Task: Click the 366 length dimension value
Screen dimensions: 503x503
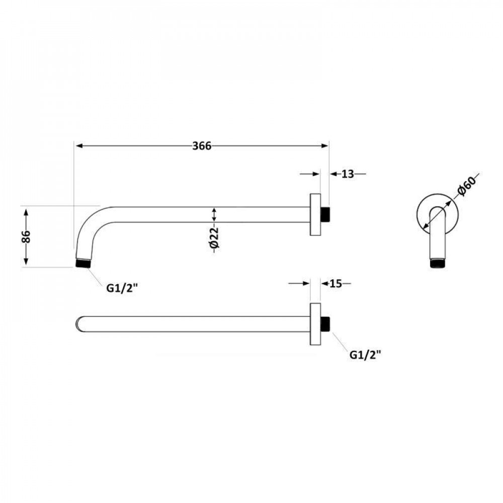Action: coord(202,146)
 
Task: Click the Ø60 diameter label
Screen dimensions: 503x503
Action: coord(466,186)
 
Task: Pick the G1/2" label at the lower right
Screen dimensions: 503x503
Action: coord(365,355)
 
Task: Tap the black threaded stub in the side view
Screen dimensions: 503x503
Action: coord(326,215)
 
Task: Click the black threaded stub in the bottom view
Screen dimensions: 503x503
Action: coord(326,324)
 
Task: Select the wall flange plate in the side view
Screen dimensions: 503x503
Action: coord(315,215)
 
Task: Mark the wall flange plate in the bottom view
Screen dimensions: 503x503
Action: coord(315,324)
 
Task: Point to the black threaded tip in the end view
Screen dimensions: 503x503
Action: coord(439,264)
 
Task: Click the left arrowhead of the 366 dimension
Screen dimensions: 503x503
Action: coord(78,146)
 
